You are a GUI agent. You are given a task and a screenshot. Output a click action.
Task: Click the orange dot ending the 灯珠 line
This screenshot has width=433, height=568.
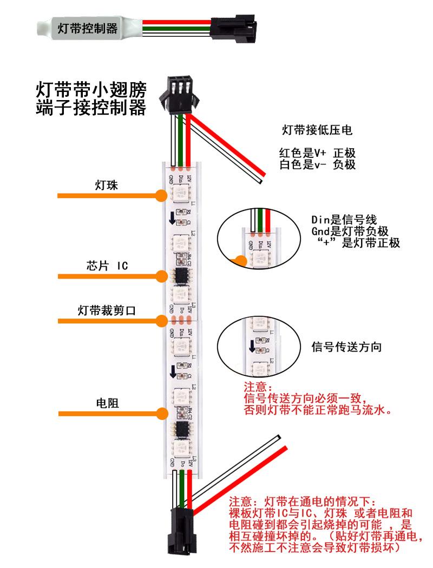point(161,195)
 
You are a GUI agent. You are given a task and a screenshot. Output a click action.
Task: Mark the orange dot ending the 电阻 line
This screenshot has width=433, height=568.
point(161,414)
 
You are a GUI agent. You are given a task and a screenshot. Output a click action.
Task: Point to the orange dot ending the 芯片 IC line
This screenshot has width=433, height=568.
point(161,276)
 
